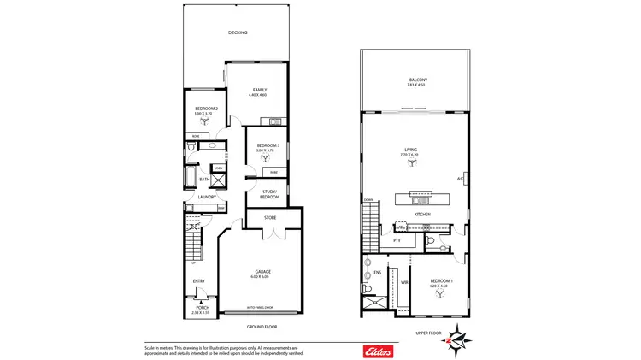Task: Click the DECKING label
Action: coord(238,33)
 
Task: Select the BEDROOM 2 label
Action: coord(206,109)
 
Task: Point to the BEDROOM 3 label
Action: coord(268,146)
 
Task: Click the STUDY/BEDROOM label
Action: coord(270,193)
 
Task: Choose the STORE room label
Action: coord(270,218)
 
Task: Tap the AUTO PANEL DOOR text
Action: coord(260,307)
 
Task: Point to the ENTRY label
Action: coord(198,281)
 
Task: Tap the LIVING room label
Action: coord(412,150)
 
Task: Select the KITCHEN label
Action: coord(422,214)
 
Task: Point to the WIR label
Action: coord(404,281)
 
